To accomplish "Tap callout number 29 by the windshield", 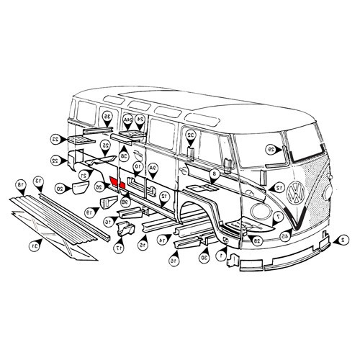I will coord(271,150).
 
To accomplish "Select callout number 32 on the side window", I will coord(190,135).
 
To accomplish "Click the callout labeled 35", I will coord(107,116).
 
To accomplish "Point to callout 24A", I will coord(127,118).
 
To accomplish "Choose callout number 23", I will coord(55,138).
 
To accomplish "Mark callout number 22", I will coord(55,160).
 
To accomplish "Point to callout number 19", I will coord(89,213).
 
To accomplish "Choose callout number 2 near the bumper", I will coord(344,239).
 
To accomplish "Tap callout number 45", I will coord(285,236).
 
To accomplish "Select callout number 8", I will coord(215,174).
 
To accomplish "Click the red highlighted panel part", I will coord(117,183).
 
